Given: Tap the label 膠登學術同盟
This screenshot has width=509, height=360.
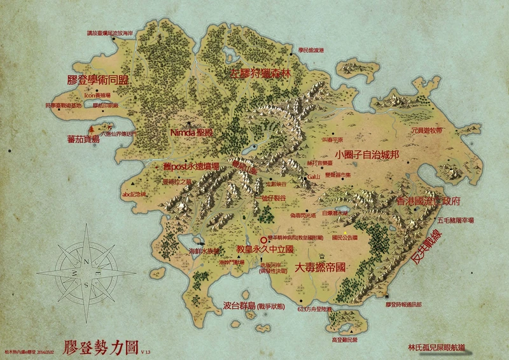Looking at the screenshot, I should [97, 81].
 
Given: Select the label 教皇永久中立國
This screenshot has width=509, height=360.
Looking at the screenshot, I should [264, 249].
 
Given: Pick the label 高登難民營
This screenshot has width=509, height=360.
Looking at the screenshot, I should [345, 340].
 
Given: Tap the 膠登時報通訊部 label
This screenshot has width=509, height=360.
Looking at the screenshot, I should [403, 305].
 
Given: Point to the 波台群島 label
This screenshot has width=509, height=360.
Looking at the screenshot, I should [239, 305].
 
